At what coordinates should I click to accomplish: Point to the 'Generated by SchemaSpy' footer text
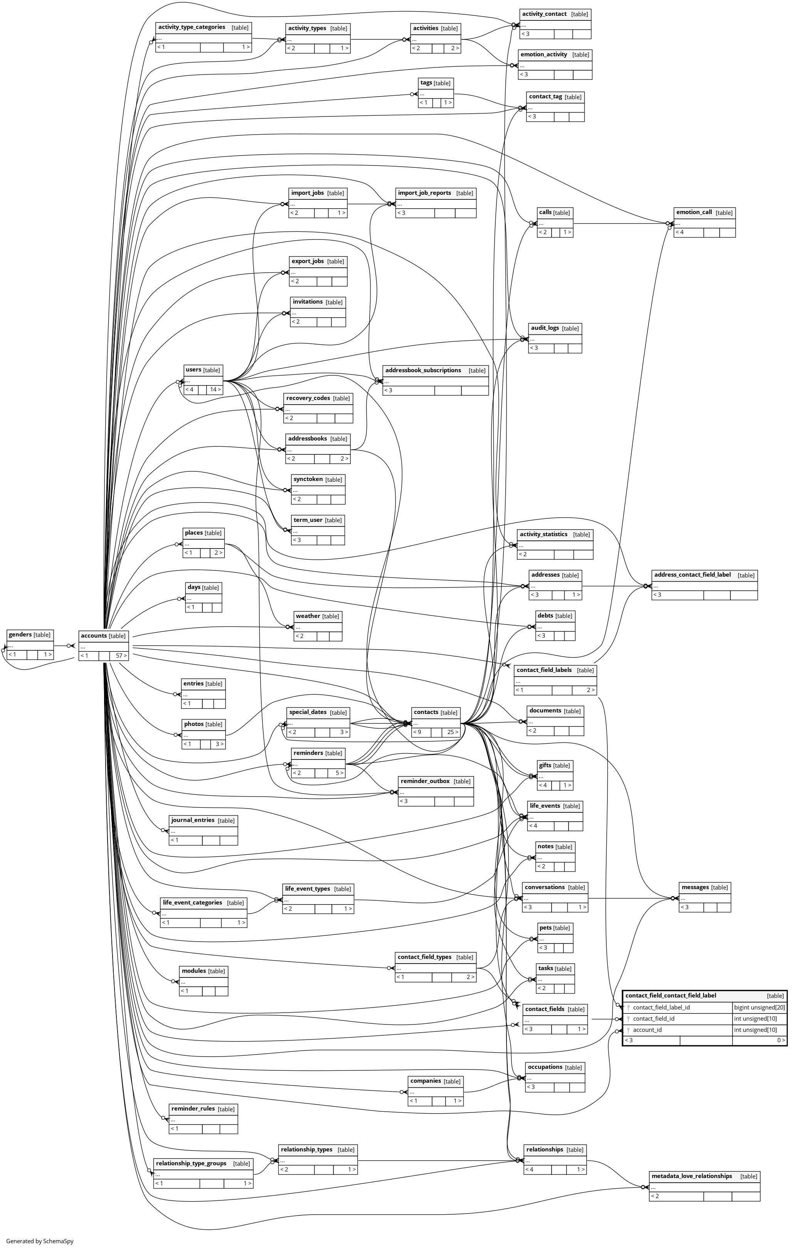click(40, 1241)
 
